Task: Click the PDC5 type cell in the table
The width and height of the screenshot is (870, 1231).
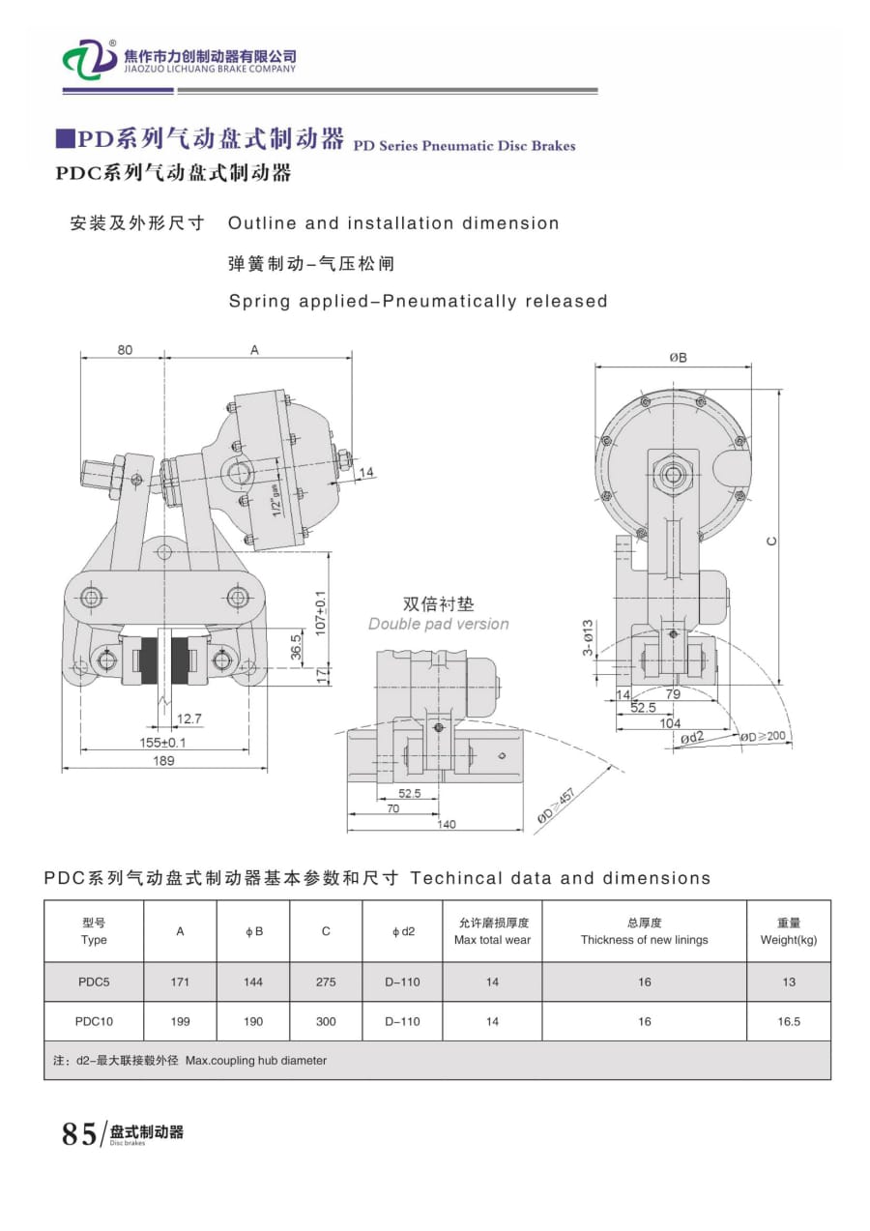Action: (x=94, y=982)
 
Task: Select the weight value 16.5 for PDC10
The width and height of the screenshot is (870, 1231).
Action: (x=789, y=1021)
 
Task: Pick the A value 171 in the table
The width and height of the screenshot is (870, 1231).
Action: (x=180, y=982)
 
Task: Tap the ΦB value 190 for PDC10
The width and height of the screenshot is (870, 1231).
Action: (x=253, y=1021)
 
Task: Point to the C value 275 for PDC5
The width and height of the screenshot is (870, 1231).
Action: (x=326, y=982)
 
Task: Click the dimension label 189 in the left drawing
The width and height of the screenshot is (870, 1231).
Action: (x=163, y=761)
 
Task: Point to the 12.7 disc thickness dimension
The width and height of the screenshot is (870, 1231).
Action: (x=189, y=718)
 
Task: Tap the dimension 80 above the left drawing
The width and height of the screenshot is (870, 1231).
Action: (x=125, y=350)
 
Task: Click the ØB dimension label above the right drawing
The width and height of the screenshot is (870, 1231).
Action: (x=678, y=357)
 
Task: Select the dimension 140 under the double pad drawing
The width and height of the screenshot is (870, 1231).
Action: (x=446, y=825)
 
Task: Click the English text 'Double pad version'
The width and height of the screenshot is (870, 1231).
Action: (x=438, y=624)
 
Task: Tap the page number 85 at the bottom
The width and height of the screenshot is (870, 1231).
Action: (x=79, y=1133)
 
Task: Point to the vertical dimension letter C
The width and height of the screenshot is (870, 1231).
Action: (x=771, y=541)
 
